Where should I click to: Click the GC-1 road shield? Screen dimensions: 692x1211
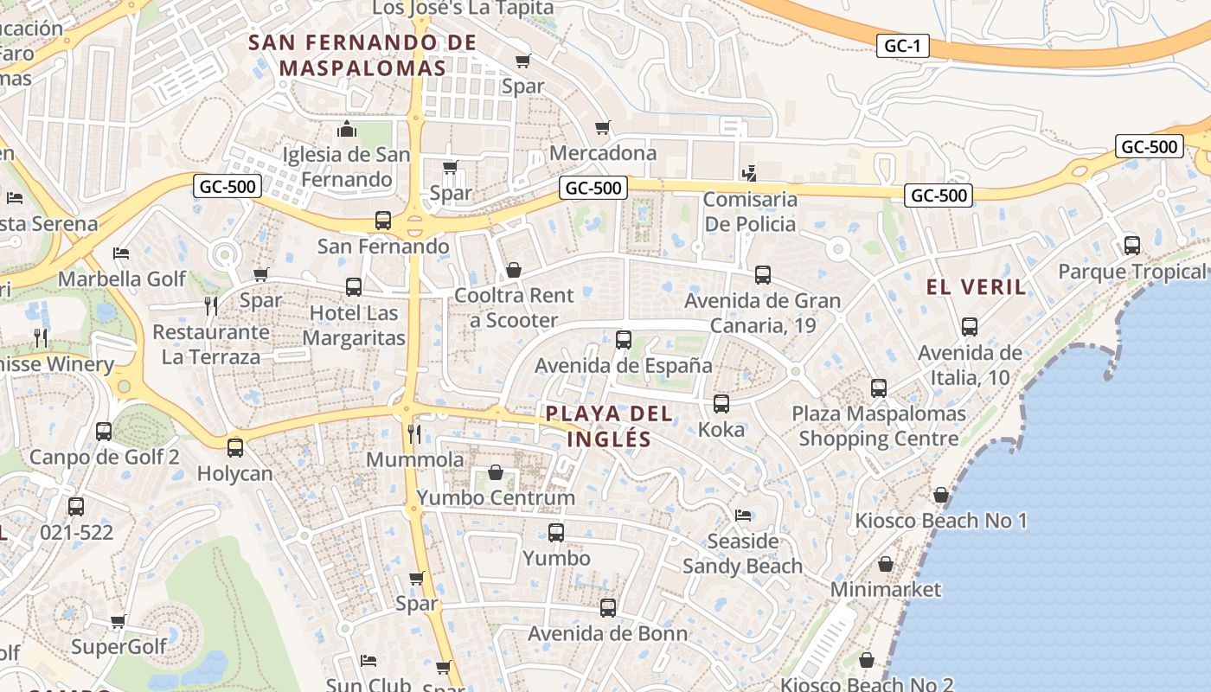(x=903, y=46)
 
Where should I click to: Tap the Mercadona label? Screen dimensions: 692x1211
(x=603, y=153)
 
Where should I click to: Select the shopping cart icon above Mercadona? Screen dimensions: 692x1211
(x=603, y=128)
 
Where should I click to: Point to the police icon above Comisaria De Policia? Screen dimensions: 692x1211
(x=749, y=173)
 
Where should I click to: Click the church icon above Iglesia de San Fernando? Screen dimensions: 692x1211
(x=347, y=130)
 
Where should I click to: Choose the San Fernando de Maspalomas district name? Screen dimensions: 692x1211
(x=362, y=54)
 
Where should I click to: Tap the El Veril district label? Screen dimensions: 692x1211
(x=976, y=287)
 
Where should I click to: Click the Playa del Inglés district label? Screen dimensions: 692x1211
(x=609, y=426)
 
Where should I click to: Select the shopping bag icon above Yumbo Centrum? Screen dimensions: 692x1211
(x=496, y=472)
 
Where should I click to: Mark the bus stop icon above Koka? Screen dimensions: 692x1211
(x=721, y=404)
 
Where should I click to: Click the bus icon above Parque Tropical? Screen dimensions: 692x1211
(x=1132, y=246)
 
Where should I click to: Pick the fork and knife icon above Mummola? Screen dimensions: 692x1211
(x=414, y=433)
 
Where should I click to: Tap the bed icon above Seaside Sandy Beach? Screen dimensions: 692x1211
(x=743, y=516)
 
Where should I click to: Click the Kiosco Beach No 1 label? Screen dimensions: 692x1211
(x=940, y=521)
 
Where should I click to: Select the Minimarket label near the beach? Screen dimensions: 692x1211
(x=885, y=589)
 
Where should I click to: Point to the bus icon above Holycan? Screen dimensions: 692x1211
(x=235, y=448)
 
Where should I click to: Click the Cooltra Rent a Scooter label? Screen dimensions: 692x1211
(x=514, y=308)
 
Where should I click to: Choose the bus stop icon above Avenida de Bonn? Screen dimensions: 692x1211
(x=608, y=608)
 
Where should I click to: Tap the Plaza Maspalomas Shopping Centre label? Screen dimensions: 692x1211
(x=879, y=426)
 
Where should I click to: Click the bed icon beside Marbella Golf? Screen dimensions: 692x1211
(x=121, y=253)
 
